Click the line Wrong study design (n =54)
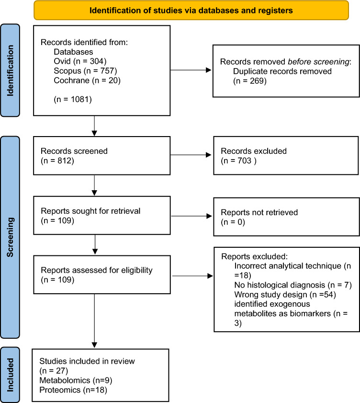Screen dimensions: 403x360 [x=288, y=296]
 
